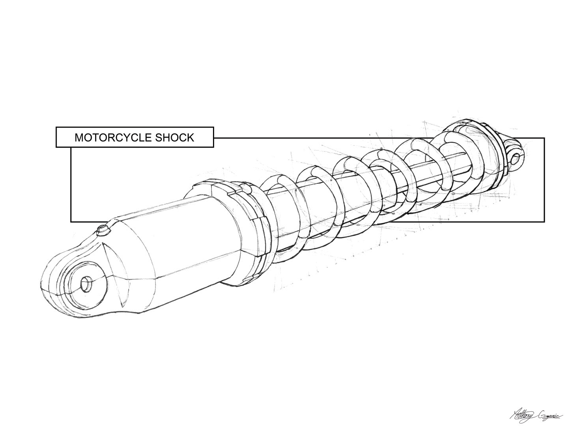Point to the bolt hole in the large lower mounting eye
pyautogui.click(x=86, y=284)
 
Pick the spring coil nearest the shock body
pyautogui.click(x=276, y=213)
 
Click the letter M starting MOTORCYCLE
pyautogui.click(x=78, y=138)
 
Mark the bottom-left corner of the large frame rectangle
pyautogui.click(x=71, y=222)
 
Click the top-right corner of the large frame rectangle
pyautogui.click(x=544, y=138)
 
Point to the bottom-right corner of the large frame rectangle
pyautogui.click(x=544, y=222)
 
